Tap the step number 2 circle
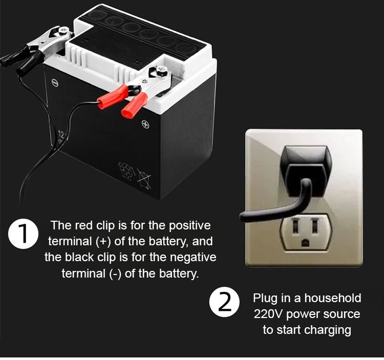click(x=224, y=302)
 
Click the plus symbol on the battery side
click(x=145, y=124)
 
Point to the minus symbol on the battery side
click(x=55, y=82)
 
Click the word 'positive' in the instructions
click(x=190, y=226)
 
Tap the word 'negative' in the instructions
click(x=193, y=257)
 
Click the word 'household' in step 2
click(x=333, y=298)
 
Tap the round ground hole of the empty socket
click(x=305, y=243)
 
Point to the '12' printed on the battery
click(x=61, y=135)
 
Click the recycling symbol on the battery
click(x=126, y=170)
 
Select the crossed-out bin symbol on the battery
click(x=144, y=179)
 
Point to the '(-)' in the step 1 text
click(x=115, y=273)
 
